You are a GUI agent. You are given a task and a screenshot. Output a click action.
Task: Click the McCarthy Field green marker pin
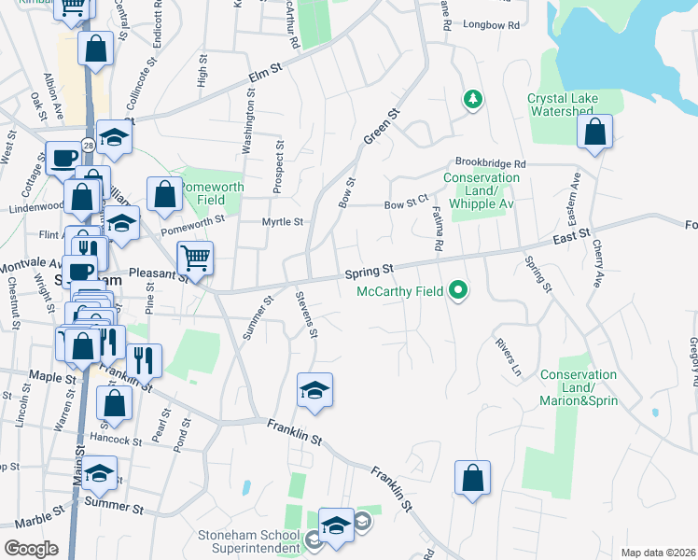[x=457, y=292]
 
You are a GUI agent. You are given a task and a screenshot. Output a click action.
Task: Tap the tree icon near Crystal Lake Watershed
[x=474, y=99]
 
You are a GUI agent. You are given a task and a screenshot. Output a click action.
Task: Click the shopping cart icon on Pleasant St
[x=195, y=256]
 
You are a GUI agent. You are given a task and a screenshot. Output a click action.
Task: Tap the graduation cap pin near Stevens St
[x=314, y=389]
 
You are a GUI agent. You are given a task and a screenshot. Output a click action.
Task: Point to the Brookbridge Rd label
[x=491, y=162]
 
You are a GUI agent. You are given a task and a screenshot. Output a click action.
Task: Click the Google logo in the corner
[x=31, y=549]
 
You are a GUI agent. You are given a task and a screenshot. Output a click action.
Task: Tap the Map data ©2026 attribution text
[x=658, y=553]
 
